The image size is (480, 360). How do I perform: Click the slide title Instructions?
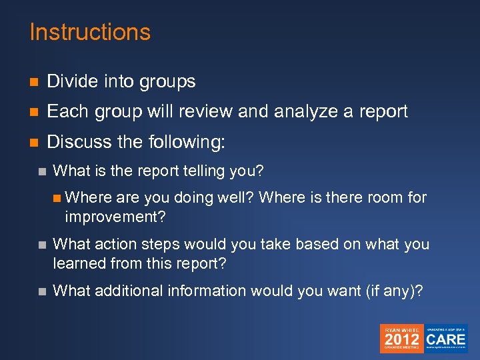pyautogui.click(x=90, y=33)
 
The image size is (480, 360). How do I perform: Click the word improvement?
pyautogui.click(x=115, y=217)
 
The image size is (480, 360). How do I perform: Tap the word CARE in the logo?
pyautogui.click(x=446, y=339)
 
